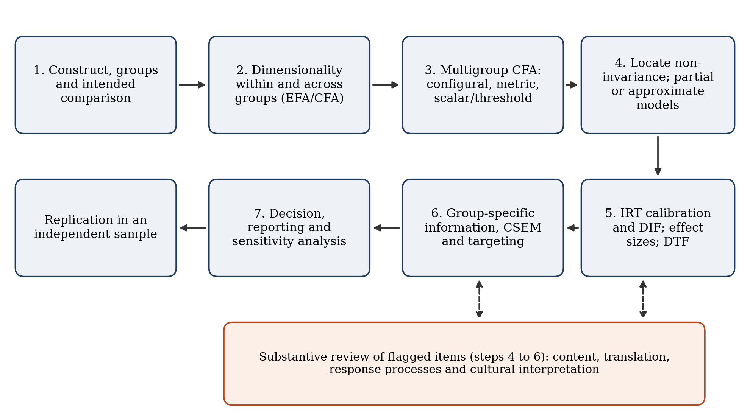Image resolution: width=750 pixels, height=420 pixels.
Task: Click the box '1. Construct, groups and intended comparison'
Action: pyautogui.click(x=95, y=85)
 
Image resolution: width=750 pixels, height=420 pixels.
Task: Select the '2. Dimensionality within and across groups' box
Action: pyautogui.click(x=289, y=85)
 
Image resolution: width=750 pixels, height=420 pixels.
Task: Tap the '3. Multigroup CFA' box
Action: pyautogui.click(x=483, y=85)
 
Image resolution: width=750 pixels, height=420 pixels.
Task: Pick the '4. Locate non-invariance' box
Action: pyautogui.click(x=658, y=85)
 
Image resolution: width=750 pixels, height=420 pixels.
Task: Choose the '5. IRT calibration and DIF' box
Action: pyautogui.click(x=658, y=228)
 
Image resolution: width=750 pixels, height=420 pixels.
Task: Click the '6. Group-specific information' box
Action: pyautogui.click(x=483, y=228)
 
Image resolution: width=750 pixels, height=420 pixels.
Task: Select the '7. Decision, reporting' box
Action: pyautogui.click(x=289, y=228)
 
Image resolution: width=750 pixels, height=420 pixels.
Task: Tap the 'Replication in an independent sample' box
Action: pyautogui.click(x=95, y=228)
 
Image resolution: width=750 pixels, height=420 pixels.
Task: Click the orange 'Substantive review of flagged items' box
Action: pyautogui.click(x=464, y=364)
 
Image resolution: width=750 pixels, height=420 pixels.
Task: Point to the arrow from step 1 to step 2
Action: pyautogui.click(x=192, y=85)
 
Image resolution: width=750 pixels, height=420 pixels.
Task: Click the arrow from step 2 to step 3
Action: pyautogui.click(x=386, y=85)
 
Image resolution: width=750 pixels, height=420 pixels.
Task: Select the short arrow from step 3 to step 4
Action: pyautogui.click(x=572, y=85)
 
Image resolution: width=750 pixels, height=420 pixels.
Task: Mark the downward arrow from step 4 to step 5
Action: pyautogui.click(x=658, y=156)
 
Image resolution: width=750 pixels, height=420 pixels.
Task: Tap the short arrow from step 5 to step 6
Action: pyautogui.click(x=573, y=228)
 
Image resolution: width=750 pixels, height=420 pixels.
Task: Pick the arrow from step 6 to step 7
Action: pyautogui.click(x=387, y=228)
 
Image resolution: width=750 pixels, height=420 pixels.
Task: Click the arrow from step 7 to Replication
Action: pyautogui.click(x=193, y=228)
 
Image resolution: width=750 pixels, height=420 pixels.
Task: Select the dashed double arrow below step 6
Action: pyautogui.click(x=479, y=299)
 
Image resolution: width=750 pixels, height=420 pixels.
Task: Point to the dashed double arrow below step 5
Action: pyautogui.click(x=643, y=299)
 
